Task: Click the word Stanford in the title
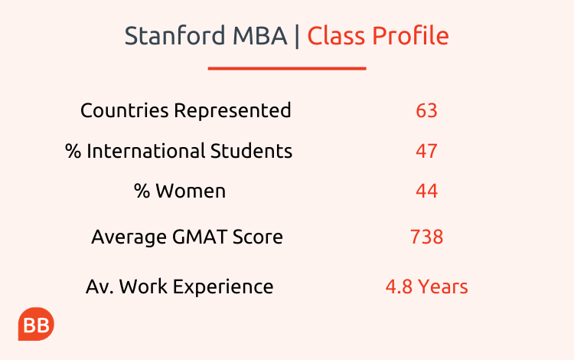coord(175,36)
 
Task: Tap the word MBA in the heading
coord(260,36)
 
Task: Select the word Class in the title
coord(336,36)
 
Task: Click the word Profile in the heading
coord(410,36)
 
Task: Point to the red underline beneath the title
coord(287,68)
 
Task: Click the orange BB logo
coord(36,324)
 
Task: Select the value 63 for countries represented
coord(426,110)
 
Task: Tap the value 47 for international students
coord(426,151)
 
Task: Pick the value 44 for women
coord(426,191)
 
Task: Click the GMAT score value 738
coord(426,237)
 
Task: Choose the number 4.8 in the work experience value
coord(399,286)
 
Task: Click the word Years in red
coord(443,286)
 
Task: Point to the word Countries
coord(125,110)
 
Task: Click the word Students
coord(251,151)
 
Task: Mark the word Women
coord(191,191)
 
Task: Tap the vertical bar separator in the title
coord(297,37)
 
